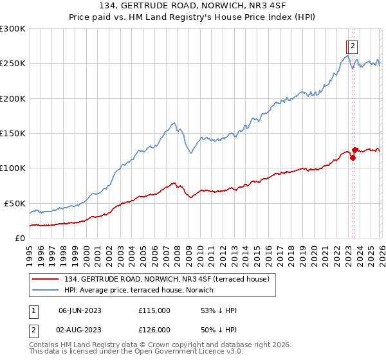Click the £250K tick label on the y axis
(x=13, y=64)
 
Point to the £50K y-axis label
(x=15, y=203)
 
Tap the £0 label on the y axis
(x=19, y=238)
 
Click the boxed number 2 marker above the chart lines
(x=354, y=46)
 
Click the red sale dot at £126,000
(x=355, y=150)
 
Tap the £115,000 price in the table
(x=154, y=310)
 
